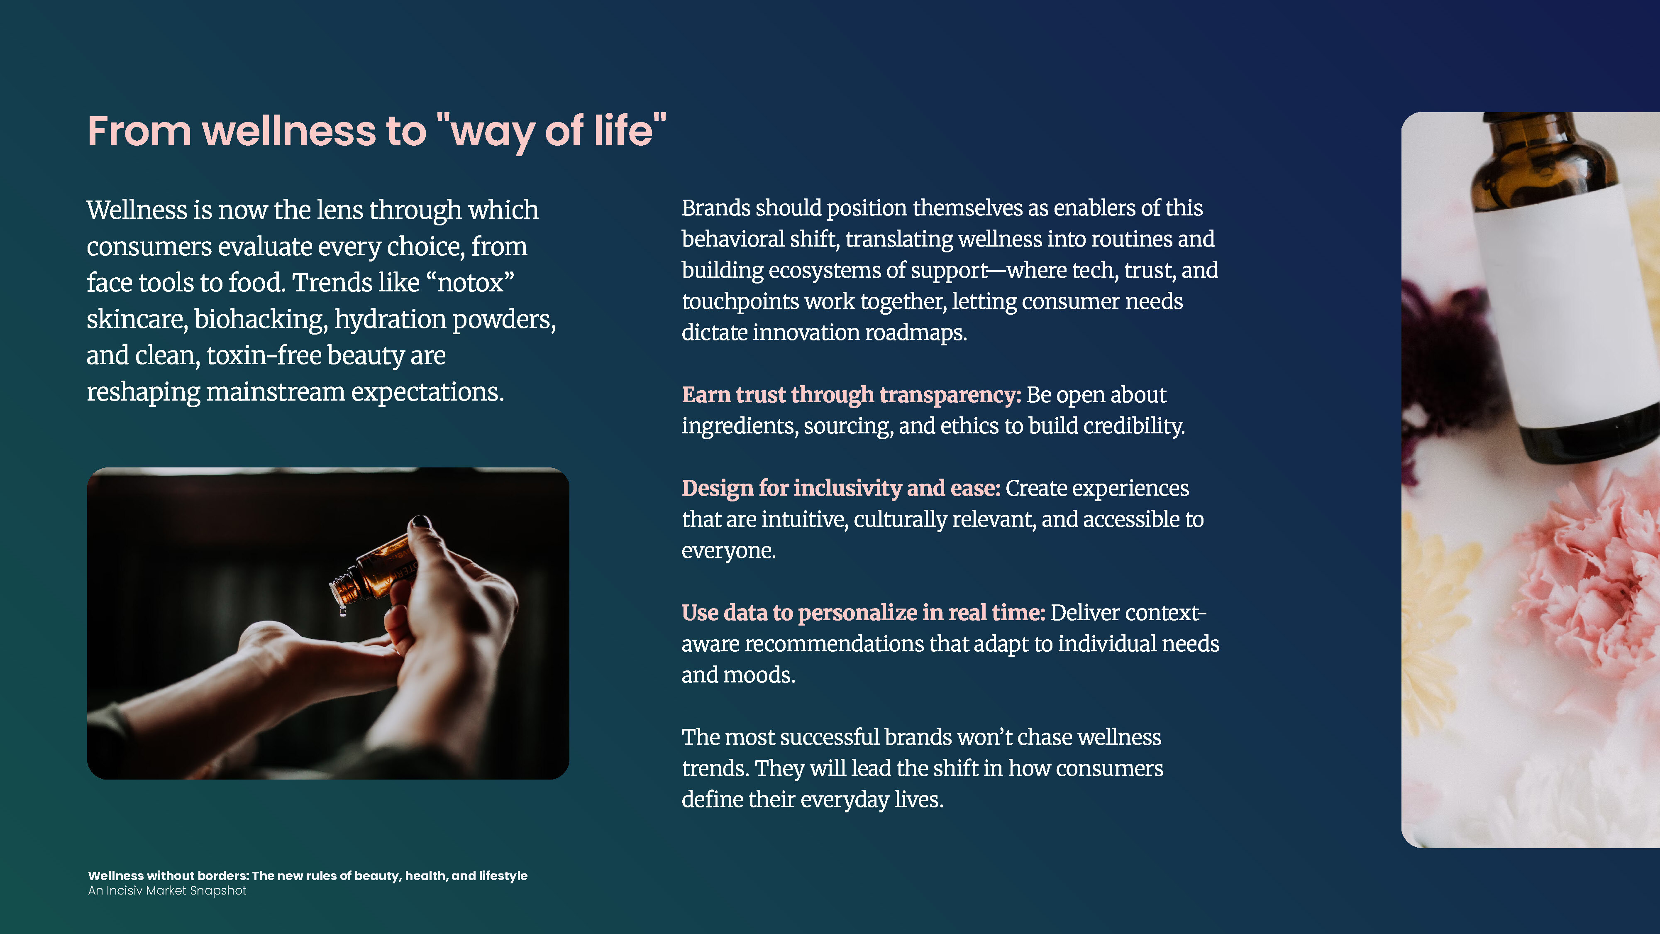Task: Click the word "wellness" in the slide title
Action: tap(289, 132)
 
